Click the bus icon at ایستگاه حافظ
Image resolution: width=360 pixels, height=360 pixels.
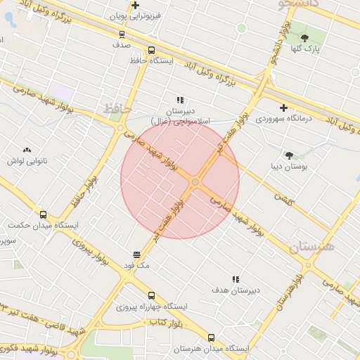point(151,50)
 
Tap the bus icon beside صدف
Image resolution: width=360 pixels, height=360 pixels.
point(122,33)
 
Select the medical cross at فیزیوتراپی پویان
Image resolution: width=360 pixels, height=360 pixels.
point(135,5)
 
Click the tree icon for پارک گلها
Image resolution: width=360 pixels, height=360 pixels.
point(304,38)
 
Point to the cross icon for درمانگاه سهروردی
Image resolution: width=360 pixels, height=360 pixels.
point(283,108)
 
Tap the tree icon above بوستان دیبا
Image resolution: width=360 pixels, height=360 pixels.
point(289,155)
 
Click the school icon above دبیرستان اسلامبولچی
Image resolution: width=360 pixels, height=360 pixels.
point(180,100)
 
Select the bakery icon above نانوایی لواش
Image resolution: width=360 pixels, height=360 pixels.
point(27,150)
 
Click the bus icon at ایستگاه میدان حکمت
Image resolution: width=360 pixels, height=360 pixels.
point(44,214)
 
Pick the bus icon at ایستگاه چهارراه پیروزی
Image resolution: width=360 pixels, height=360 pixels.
point(152,295)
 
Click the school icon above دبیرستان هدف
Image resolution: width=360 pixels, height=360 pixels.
point(236,279)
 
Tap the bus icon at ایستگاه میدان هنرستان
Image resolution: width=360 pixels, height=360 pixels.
point(212,337)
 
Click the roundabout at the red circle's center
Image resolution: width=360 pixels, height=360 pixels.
point(195,183)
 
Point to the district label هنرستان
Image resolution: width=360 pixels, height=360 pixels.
point(311,247)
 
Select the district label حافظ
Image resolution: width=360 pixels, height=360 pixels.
point(117,109)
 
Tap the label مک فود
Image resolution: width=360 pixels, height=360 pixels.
point(134,266)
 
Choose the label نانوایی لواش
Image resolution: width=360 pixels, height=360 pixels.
point(27,162)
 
